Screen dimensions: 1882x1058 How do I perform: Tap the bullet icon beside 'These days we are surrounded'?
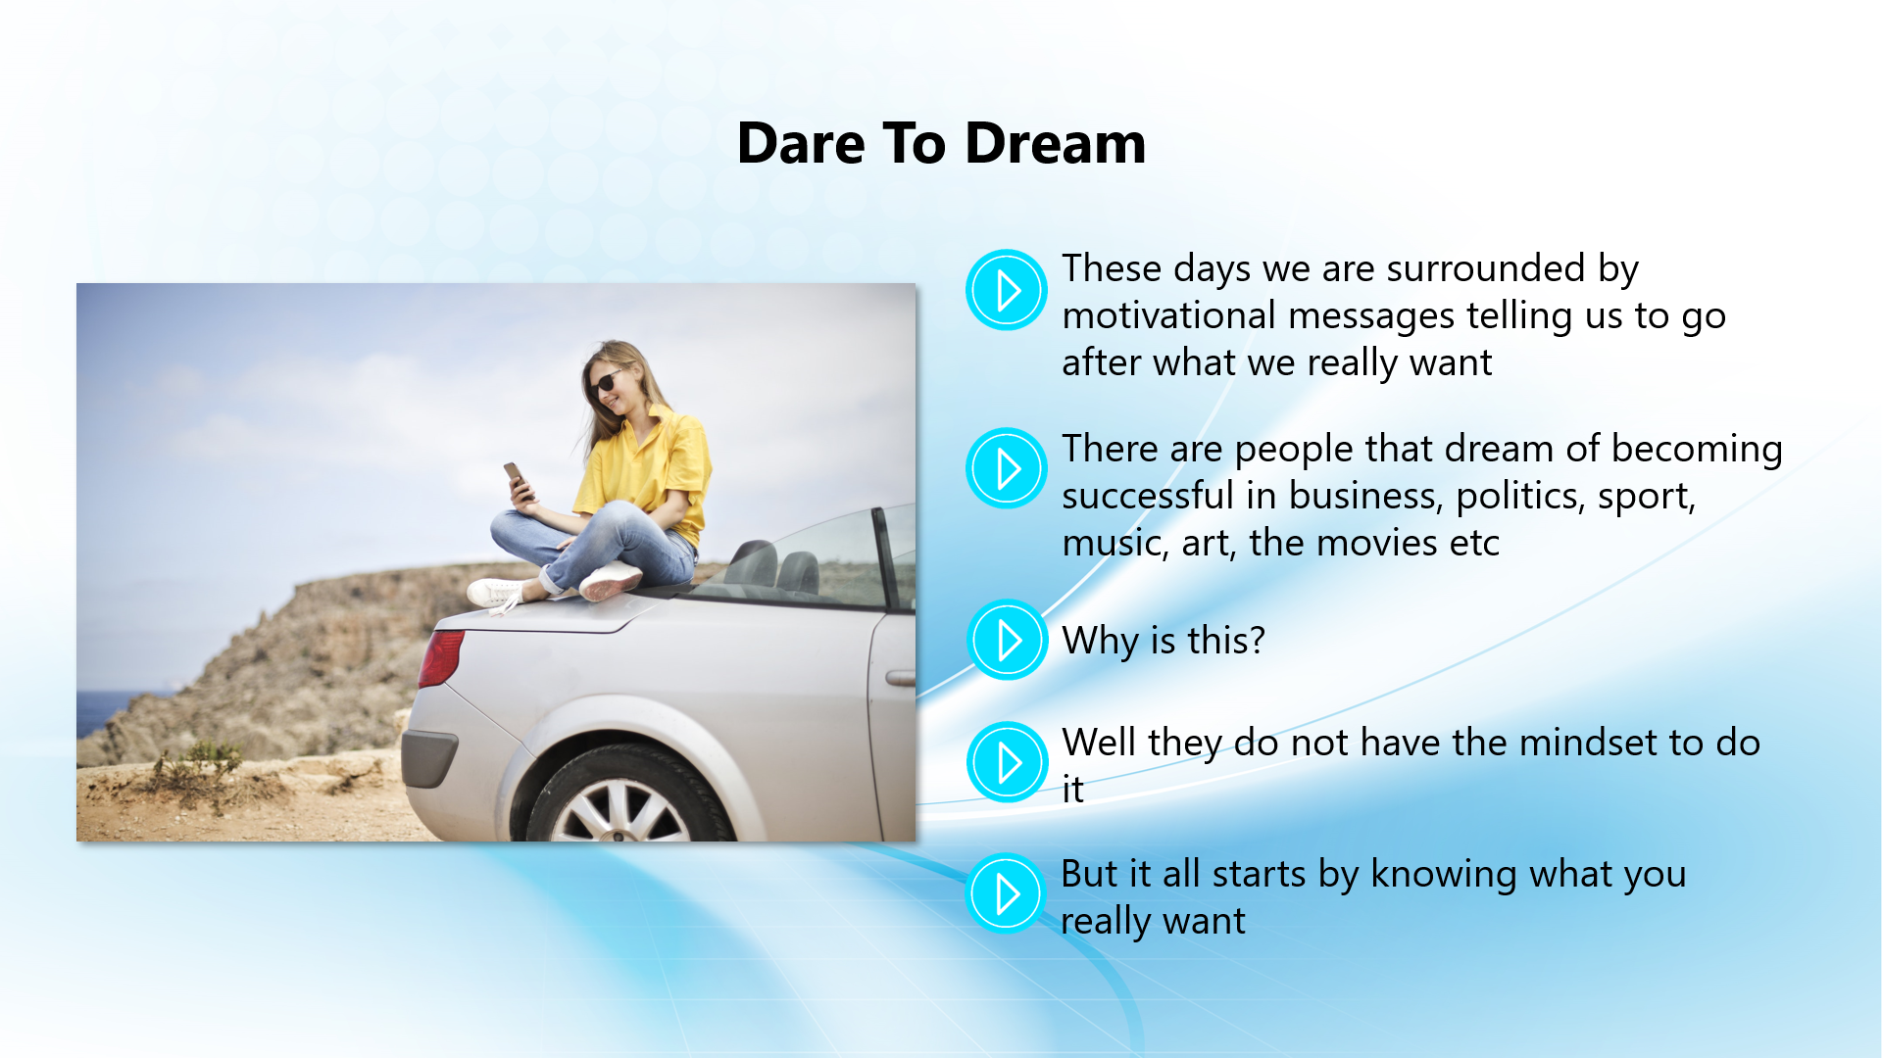click(1007, 290)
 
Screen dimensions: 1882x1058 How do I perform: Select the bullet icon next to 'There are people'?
click(1007, 468)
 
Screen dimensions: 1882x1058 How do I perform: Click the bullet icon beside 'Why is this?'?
click(1007, 640)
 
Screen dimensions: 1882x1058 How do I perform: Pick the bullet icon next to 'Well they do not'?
click(1007, 762)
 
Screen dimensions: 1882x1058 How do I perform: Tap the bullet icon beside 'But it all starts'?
click(1005, 893)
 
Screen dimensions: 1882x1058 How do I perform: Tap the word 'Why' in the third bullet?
click(1101, 642)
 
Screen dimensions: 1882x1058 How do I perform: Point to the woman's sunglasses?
click(607, 381)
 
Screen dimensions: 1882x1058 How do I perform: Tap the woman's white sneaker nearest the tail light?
click(497, 592)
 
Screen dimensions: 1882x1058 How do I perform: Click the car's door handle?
click(901, 678)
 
